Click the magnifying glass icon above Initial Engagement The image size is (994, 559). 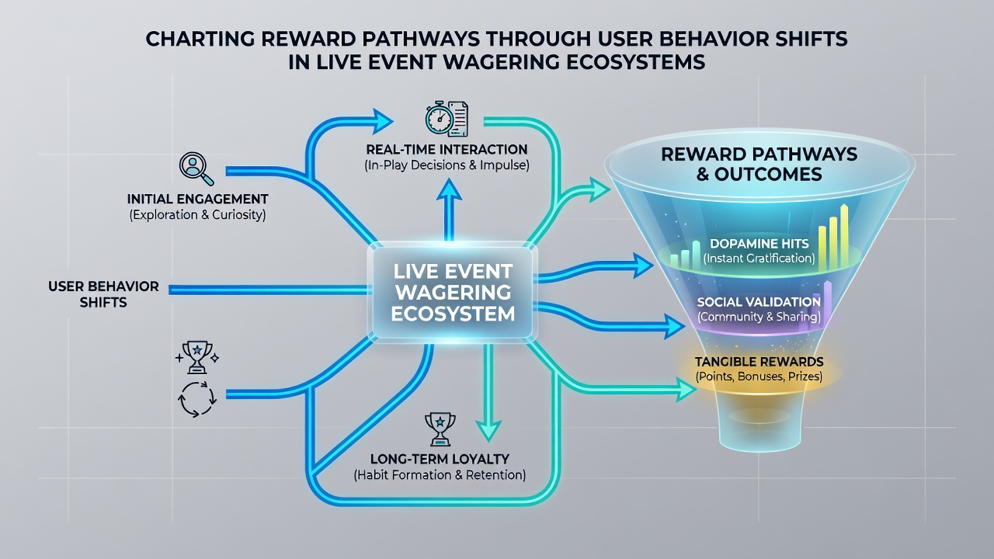196,168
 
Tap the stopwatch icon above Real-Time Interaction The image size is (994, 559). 440,119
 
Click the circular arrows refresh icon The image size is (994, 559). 197,399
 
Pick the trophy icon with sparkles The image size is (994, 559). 197,356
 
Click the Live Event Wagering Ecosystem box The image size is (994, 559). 453,293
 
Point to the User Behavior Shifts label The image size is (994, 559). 103,294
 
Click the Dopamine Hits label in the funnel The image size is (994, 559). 759,244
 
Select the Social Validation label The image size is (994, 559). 759,302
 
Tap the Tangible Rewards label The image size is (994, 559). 759,362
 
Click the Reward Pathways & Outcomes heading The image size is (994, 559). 759,164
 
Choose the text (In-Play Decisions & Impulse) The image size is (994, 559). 447,165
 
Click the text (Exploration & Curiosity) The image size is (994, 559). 197,215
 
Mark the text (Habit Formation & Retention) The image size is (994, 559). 440,475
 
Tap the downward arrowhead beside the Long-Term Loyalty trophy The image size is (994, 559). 488,429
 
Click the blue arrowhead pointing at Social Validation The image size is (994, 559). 673,327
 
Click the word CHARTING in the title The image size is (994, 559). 200,39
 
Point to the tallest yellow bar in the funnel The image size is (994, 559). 844,237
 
